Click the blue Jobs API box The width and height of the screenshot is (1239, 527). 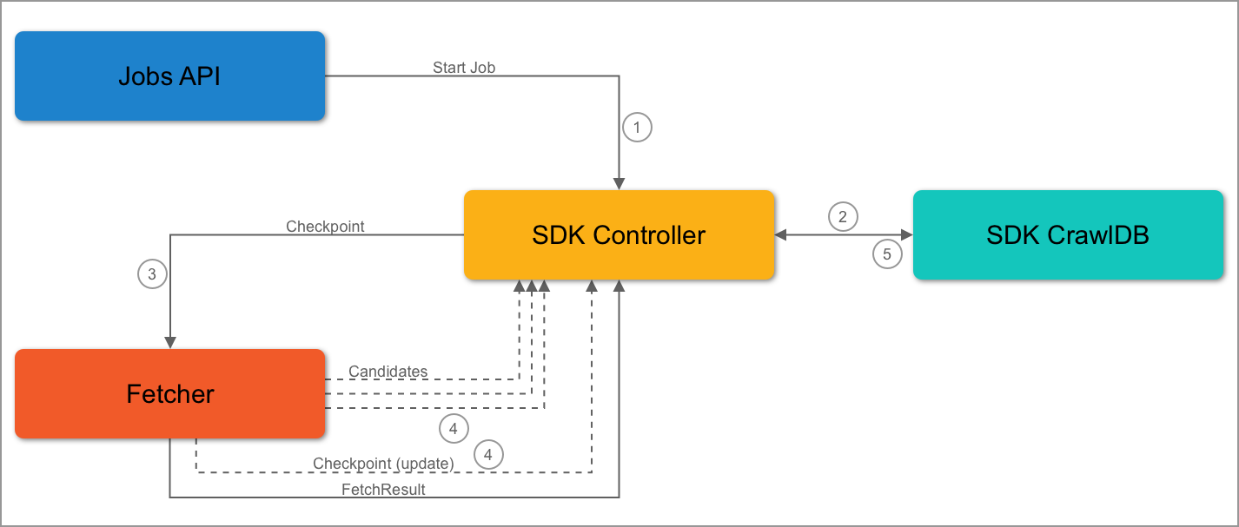coord(169,76)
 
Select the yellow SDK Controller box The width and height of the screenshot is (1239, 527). coord(618,234)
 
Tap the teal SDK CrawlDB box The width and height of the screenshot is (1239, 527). coord(1067,234)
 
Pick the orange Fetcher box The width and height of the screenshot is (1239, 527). coord(169,393)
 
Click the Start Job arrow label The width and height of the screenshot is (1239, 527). coord(464,67)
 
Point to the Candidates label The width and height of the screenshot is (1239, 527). coord(388,372)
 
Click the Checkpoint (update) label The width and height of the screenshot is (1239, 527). coord(383,464)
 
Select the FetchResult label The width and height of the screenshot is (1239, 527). coord(383,490)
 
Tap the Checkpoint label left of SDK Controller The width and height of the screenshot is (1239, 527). coord(325,227)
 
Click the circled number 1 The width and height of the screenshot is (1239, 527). coord(637,128)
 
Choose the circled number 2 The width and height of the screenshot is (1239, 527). coord(842,216)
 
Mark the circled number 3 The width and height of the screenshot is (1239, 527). coord(152,274)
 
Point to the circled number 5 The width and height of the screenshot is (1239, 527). coord(886,254)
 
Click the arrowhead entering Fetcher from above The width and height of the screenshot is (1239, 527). coord(169,342)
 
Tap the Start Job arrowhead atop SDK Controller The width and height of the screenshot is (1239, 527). coord(619,184)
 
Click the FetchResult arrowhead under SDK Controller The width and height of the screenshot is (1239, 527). coord(619,287)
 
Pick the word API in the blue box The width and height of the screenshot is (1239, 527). coord(200,76)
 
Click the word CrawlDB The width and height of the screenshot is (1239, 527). coord(1098,234)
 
